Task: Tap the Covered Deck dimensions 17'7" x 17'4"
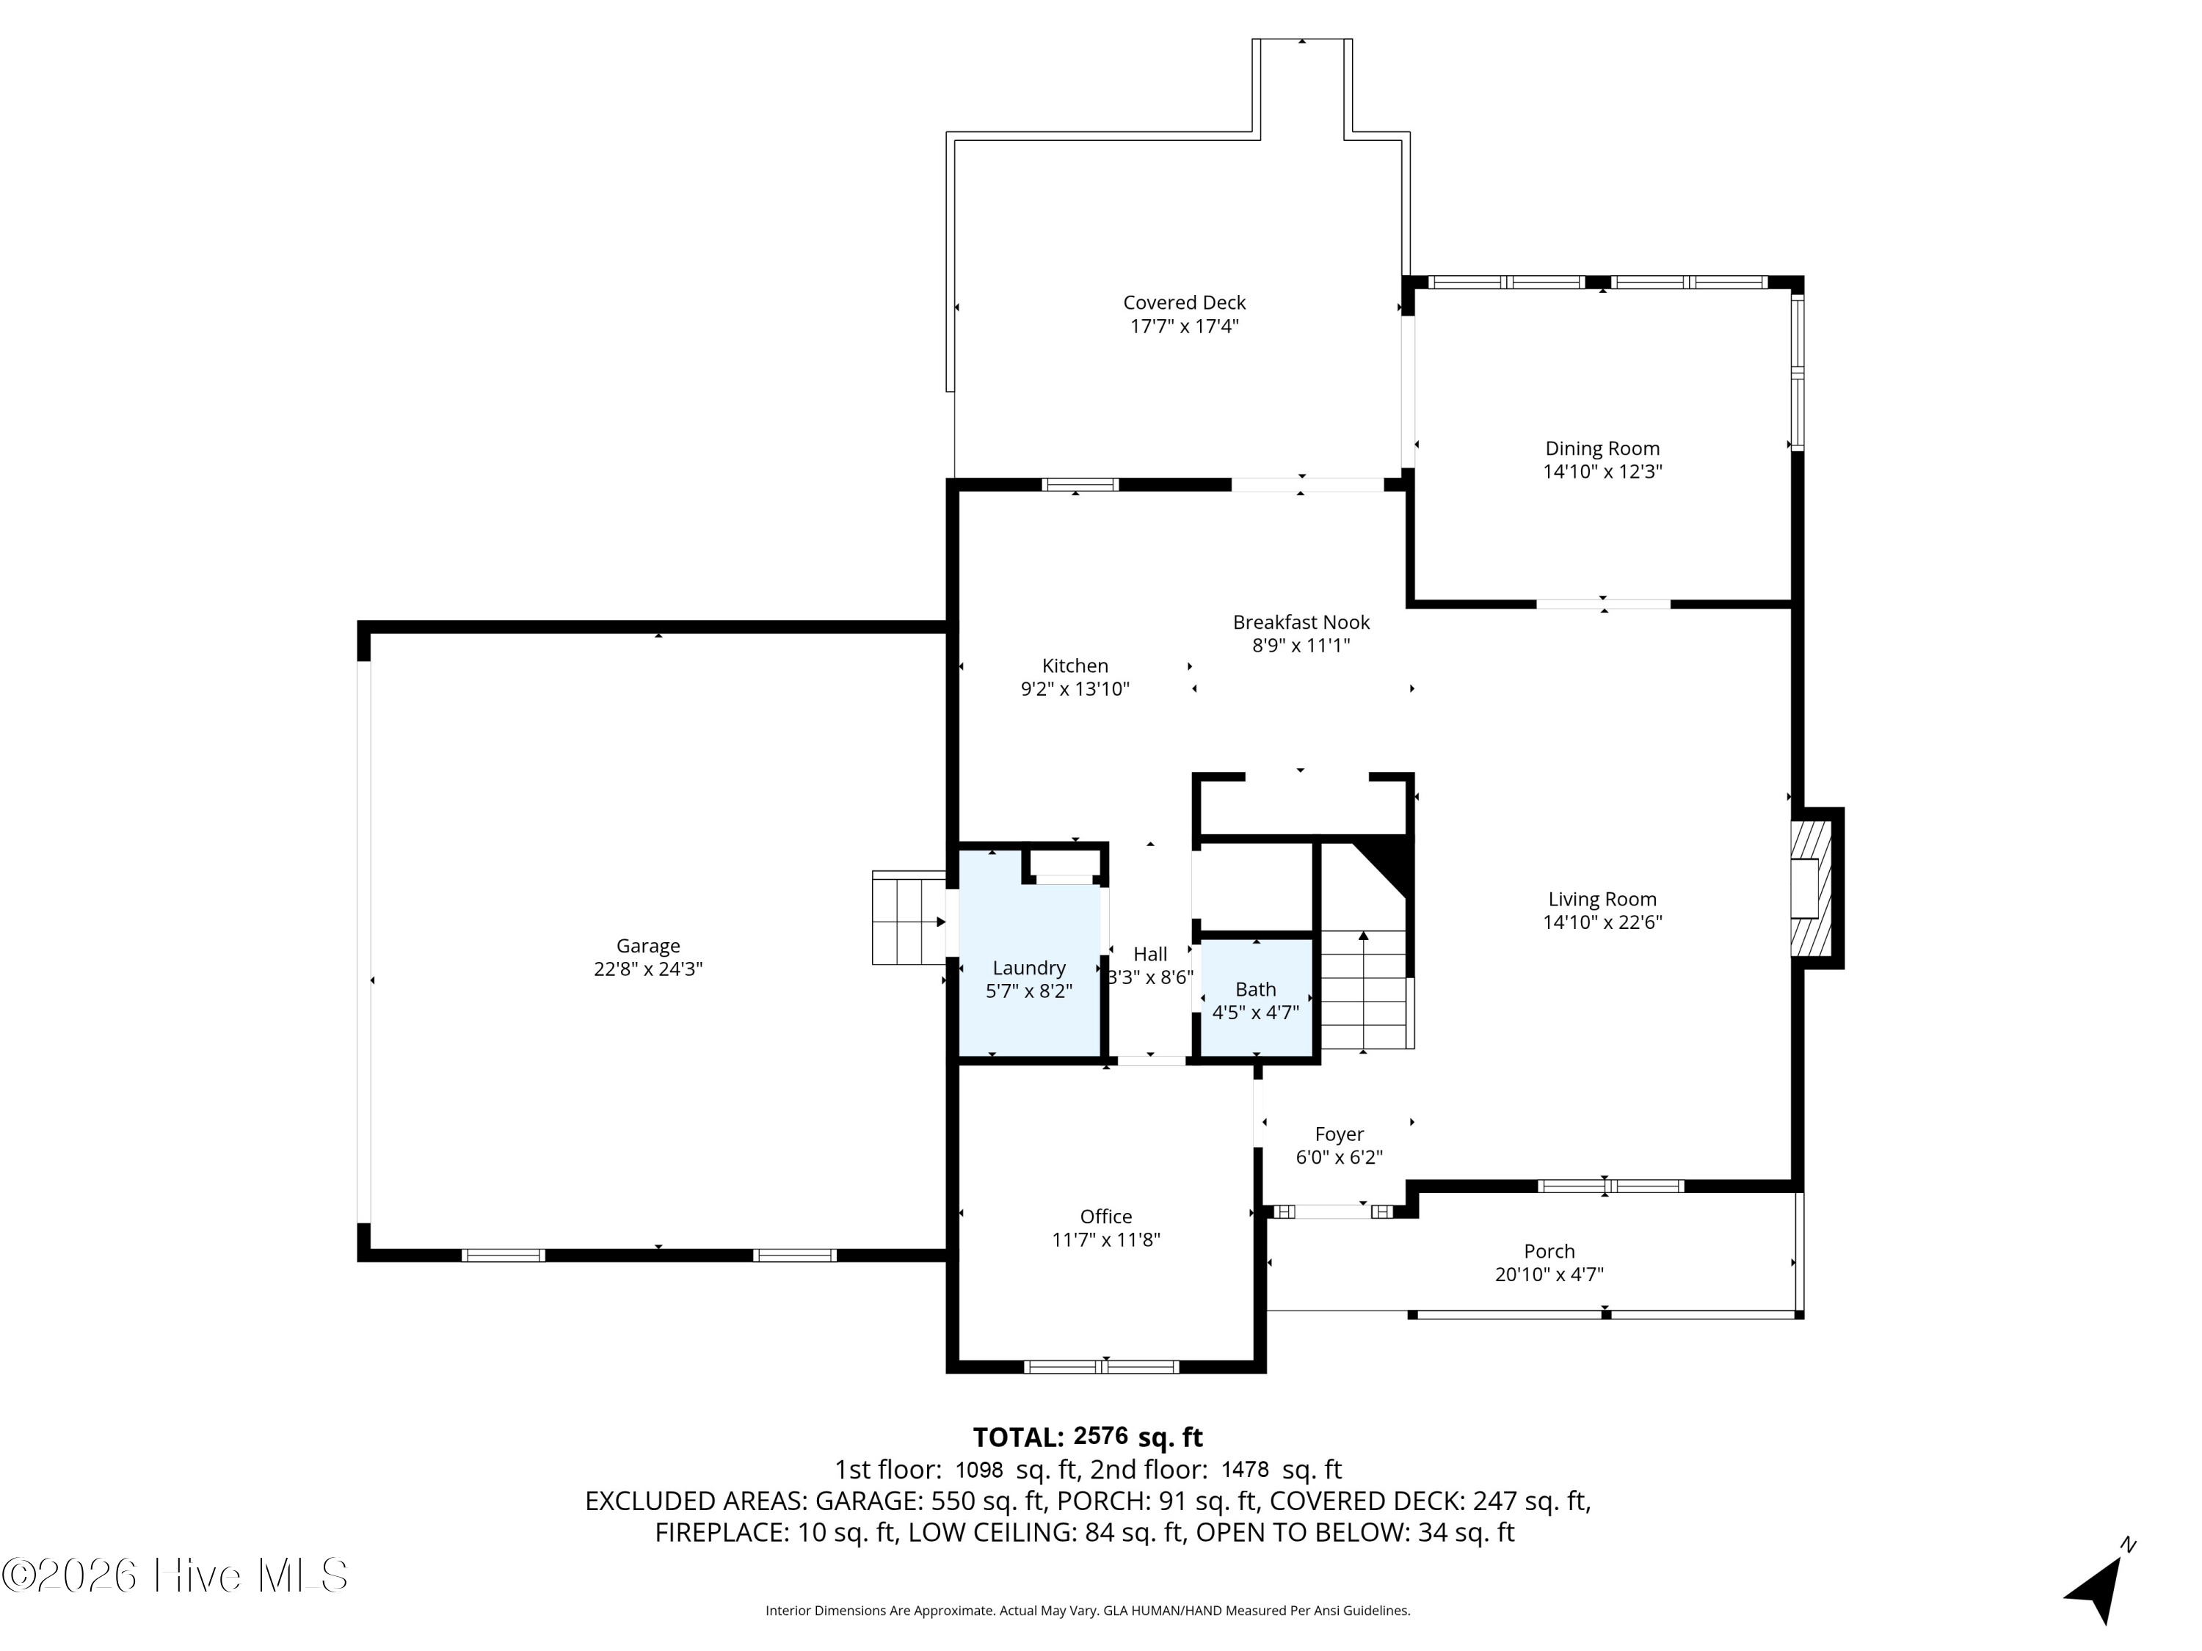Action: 1185,327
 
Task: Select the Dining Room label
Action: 1602,449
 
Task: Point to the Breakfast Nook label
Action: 1301,622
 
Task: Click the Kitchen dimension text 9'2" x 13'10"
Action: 1075,689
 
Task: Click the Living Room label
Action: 1602,900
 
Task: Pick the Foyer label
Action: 1339,1134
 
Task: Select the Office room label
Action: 1106,1216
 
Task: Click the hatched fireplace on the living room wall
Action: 1811,889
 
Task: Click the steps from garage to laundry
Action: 909,917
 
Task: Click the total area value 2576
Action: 1101,1436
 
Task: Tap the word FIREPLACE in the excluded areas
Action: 719,1533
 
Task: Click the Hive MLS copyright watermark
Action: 175,1575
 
